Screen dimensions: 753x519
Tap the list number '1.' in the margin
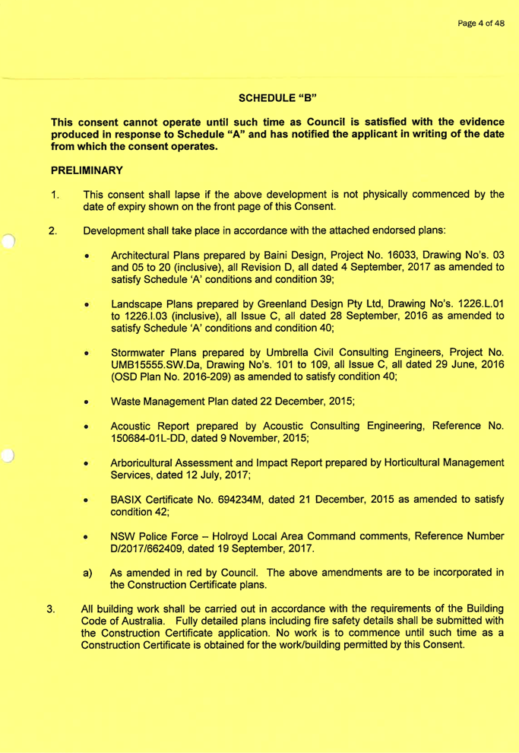(x=54, y=195)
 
